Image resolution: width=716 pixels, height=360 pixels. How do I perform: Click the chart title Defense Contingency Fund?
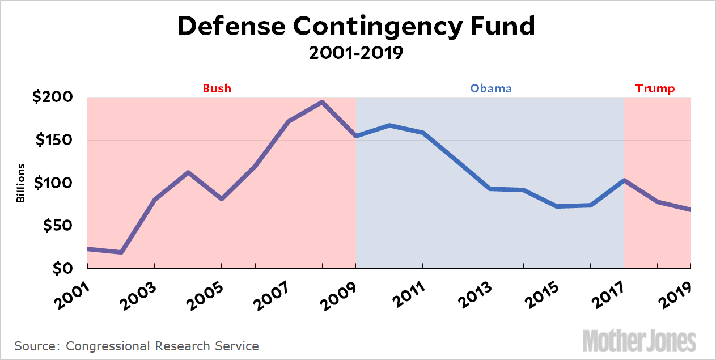point(355,27)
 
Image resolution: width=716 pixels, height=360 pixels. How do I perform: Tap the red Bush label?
point(217,88)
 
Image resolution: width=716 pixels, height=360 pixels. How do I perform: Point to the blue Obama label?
point(491,88)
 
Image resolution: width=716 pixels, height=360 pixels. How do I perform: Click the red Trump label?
point(655,88)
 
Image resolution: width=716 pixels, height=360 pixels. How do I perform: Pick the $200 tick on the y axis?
point(52,97)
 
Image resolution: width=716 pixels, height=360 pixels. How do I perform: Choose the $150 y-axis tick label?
point(52,140)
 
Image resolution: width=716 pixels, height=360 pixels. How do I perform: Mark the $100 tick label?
point(52,183)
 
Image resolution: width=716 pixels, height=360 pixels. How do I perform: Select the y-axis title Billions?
point(21,183)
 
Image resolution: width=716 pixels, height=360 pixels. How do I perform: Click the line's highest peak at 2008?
point(322,103)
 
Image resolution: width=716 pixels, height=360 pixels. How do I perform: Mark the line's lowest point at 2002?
point(121,252)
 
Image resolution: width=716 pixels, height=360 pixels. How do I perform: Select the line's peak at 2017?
point(624,180)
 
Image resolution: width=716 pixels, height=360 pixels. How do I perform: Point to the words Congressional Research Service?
point(162,345)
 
